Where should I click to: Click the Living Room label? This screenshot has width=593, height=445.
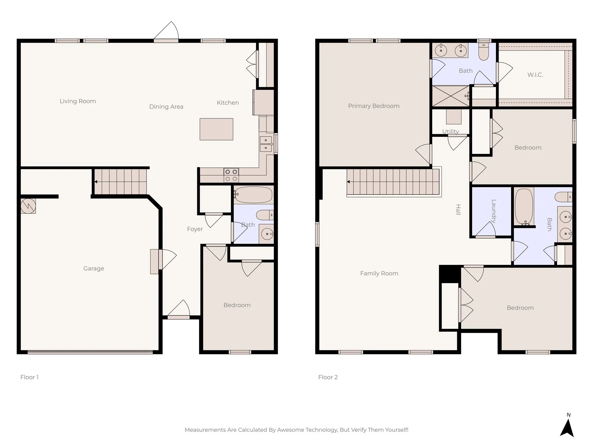tap(78, 101)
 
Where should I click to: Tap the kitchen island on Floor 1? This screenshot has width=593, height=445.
tap(216, 129)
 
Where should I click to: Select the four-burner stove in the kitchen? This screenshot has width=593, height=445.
tap(231, 175)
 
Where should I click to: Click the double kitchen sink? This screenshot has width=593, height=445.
tap(266, 144)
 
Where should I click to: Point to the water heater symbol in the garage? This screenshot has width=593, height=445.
tap(28, 206)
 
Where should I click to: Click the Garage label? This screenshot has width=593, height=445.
tap(94, 269)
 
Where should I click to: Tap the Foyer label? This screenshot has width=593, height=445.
tap(195, 229)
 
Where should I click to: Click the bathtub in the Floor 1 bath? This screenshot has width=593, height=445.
tap(254, 195)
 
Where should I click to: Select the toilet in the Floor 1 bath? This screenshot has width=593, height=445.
tap(264, 215)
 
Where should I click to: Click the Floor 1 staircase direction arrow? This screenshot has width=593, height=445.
tap(96, 182)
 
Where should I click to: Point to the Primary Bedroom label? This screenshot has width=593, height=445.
tap(374, 106)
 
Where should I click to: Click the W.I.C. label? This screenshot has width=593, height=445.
tap(535, 75)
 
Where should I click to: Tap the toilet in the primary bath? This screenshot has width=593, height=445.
tap(484, 52)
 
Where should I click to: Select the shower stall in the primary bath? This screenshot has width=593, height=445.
tap(450, 96)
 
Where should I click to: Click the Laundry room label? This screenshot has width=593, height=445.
tap(494, 211)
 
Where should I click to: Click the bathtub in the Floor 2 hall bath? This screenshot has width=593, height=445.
tap(524, 207)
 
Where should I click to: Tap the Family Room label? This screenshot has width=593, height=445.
tap(379, 273)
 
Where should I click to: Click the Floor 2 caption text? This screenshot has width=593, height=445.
tap(328, 377)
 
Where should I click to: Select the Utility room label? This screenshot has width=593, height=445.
tap(450, 131)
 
